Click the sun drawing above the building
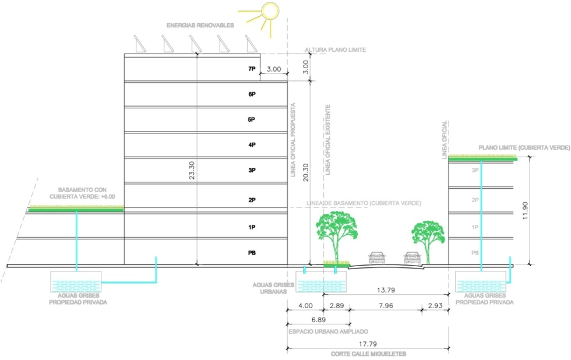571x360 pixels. [270, 11]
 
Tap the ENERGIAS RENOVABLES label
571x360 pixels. [200, 26]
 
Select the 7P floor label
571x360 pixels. [252, 69]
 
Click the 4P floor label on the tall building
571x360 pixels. [252, 145]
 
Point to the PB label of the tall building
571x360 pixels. [252, 253]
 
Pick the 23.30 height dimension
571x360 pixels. [192, 170]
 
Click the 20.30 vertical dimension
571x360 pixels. [305, 172]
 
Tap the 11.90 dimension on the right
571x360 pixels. [525, 210]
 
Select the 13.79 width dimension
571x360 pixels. [386, 290]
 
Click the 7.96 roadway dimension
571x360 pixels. [386, 306]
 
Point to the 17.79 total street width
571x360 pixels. [368, 344]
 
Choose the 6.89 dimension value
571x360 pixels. [319, 320]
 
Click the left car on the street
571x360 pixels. [377, 257]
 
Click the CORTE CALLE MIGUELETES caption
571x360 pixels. [368, 354]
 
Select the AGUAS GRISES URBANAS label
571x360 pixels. [273, 288]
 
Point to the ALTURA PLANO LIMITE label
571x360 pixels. [336, 50]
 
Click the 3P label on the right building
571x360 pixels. [475, 170]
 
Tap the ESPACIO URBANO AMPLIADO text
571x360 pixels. [328, 331]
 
